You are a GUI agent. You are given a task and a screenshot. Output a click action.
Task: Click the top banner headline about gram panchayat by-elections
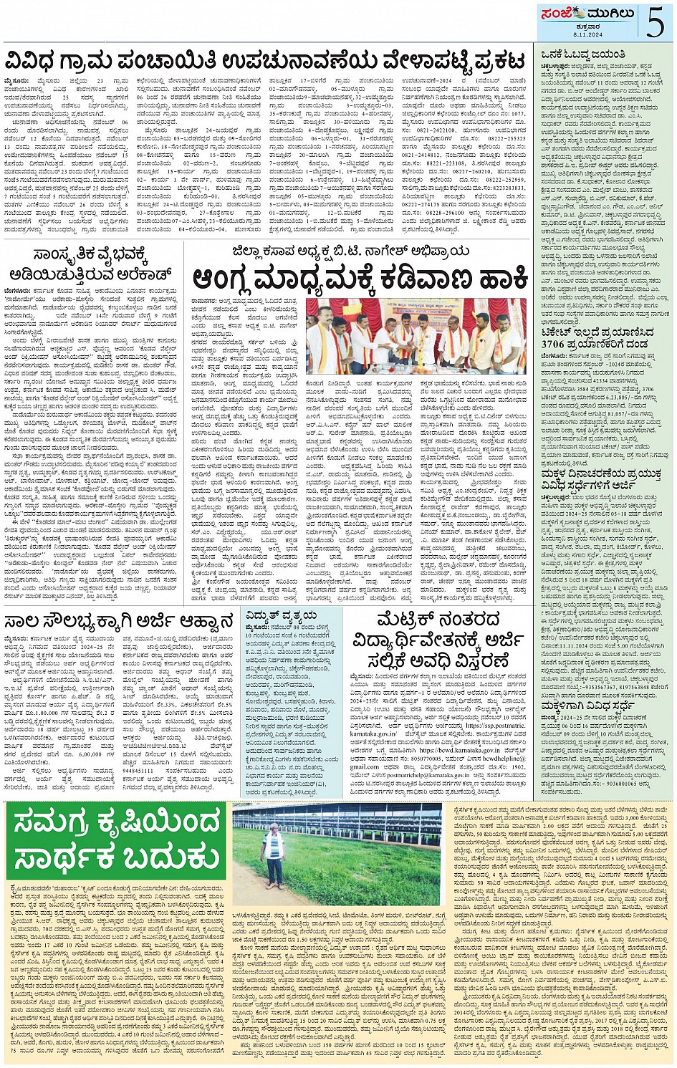[x=267, y=57]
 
